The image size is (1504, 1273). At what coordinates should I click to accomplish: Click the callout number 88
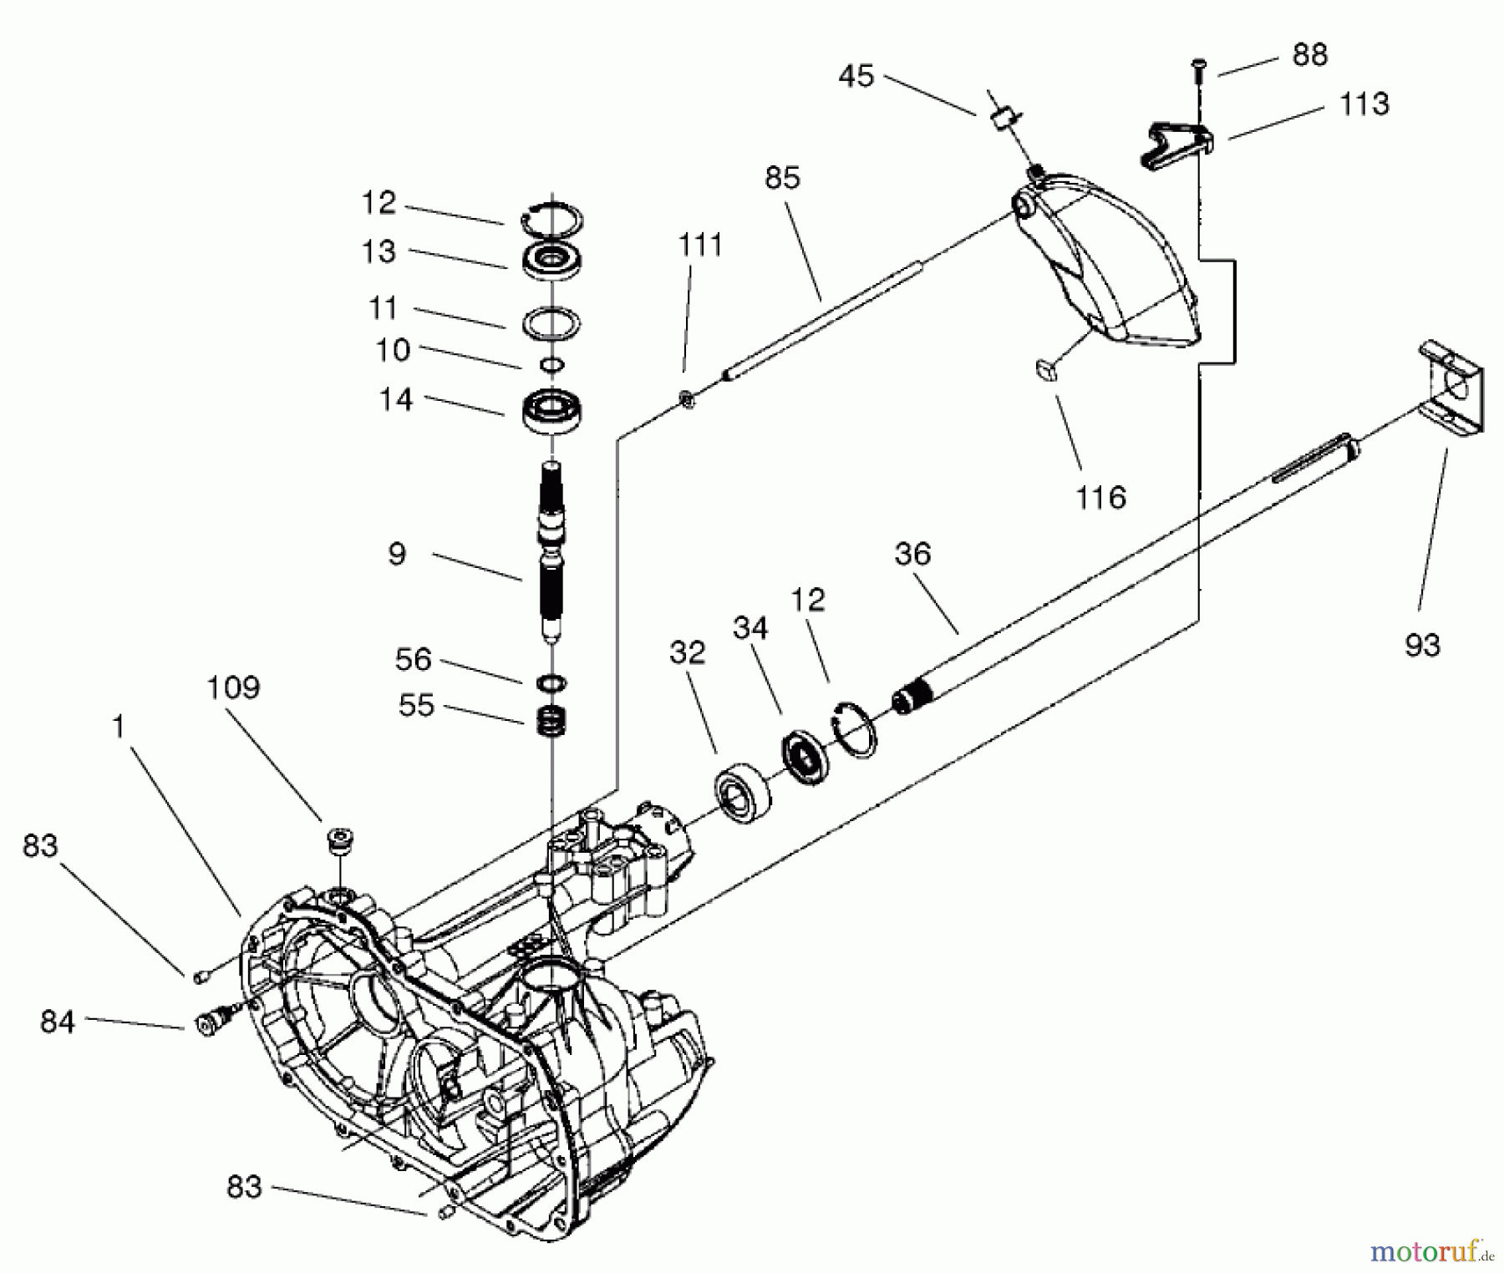(x=1309, y=55)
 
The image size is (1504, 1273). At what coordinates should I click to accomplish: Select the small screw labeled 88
(x=1197, y=70)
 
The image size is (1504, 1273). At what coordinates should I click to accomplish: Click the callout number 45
(x=856, y=76)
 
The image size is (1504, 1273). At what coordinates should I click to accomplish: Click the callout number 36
(x=912, y=554)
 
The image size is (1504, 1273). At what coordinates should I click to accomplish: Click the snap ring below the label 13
(x=551, y=322)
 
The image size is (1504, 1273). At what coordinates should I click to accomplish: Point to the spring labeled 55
(x=551, y=721)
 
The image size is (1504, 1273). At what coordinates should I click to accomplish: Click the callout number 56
(x=413, y=660)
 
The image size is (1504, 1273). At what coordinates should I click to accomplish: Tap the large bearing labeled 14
(x=551, y=411)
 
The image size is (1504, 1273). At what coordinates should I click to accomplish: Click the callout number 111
(x=700, y=246)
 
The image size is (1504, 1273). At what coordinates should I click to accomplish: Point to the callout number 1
(x=119, y=727)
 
